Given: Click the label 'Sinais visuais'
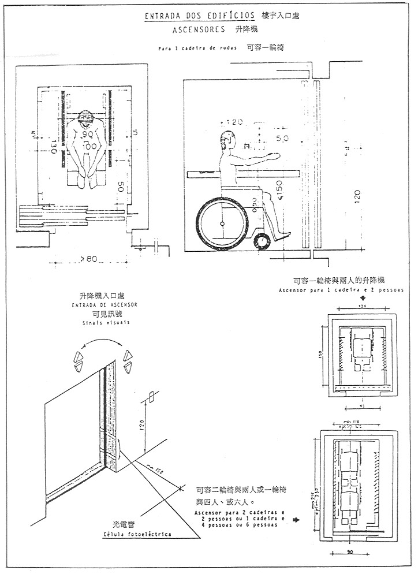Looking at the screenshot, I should click(x=104, y=323).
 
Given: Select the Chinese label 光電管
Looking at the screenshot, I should click(x=124, y=525).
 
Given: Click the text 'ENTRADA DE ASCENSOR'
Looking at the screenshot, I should click(x=104, y=304).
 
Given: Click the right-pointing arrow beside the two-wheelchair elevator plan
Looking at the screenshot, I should click(x=297, y=520).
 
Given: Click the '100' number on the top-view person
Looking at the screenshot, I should click(x=88, y=147).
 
